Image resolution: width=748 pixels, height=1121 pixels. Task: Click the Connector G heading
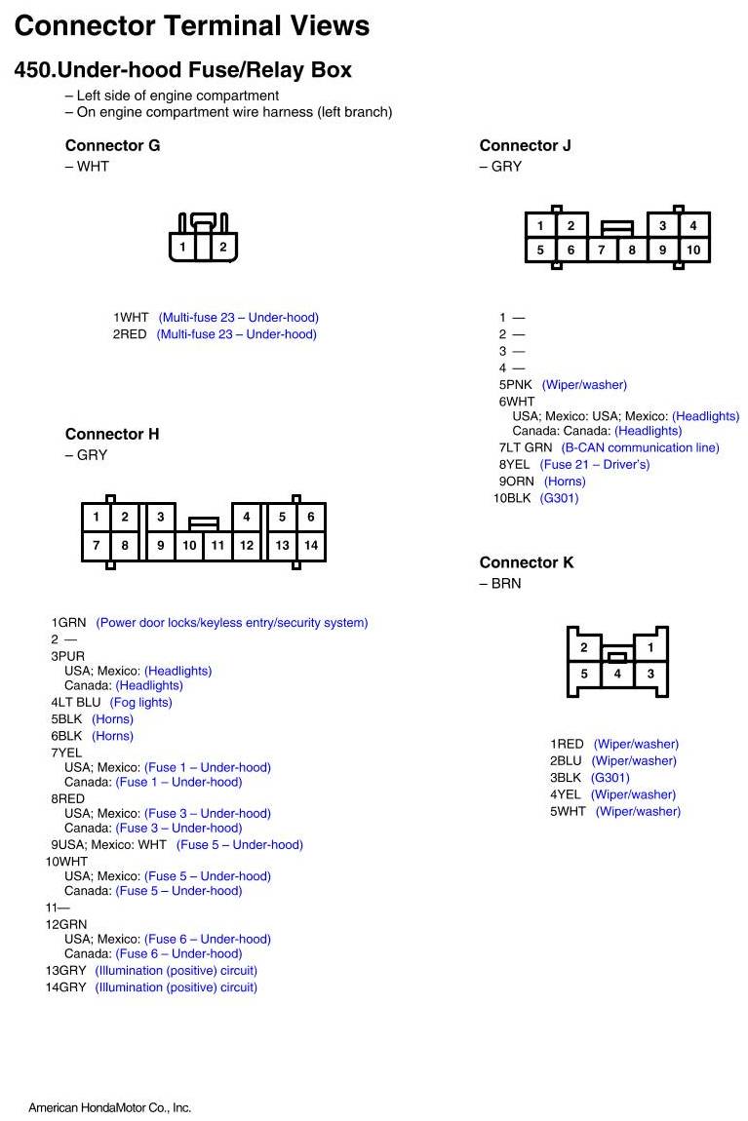tap(112, 145)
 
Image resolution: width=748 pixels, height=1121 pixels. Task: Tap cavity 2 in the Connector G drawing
tap(222, 248)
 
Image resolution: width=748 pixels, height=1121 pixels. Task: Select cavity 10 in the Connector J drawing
tap(692, 251)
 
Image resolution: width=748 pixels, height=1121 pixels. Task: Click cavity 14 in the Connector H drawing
tap(310, 546)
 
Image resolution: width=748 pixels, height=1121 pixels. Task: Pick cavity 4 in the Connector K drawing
tap(617, 674)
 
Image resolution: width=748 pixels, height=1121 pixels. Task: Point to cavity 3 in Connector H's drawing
tap(160, 518)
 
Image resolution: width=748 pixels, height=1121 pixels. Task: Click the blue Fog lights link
tap(141, 703)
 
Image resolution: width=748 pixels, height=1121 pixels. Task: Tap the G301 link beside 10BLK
tap(559, 498)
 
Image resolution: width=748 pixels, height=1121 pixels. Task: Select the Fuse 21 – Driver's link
tap(594, 465)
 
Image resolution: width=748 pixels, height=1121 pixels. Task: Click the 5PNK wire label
tap(516, 385)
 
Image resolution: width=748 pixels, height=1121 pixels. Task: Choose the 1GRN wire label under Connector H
tap(69, 623)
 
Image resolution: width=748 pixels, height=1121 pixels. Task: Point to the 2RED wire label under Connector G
tap(130, 334)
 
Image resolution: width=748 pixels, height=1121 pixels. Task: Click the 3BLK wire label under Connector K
tap(566, 778)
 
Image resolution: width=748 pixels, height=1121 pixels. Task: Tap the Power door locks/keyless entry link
tap(231, 623)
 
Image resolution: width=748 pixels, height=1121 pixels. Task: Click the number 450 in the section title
tap(33, 70)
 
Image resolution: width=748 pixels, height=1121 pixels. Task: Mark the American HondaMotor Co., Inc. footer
tap(109, 1107)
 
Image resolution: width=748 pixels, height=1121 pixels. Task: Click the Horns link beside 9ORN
tap(565, 482)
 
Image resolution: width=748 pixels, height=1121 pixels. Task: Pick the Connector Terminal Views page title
tap(192, 25)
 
